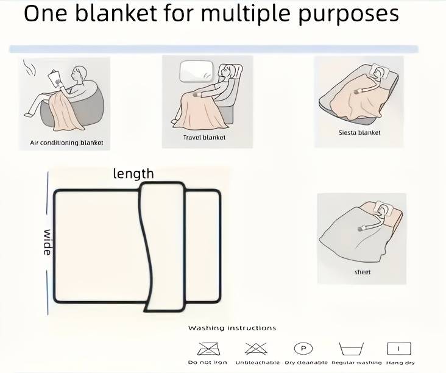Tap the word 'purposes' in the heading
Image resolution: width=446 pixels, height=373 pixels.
pyautogui.click(x=349, y=14)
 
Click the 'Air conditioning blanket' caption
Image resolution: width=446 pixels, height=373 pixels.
pyautogui.click(x=66, y=143)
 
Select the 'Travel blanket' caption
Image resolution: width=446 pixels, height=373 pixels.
pyautogui.click(x=204, y=137)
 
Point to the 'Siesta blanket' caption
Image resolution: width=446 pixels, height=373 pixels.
pyautogui.click(x=359, y=133)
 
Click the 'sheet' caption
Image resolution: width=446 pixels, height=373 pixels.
pyautogui.click(x=363, y=272)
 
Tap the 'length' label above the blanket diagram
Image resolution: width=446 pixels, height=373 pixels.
pyautogui.click(x=133, y=174)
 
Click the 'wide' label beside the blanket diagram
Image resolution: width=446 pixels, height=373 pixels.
pyautogui.click(x=48, y=242)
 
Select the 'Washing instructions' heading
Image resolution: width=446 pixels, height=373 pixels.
pyautogui.click(x=232, y=328)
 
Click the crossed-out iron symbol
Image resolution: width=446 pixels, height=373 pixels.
pyautogui.click(x=209, y=349)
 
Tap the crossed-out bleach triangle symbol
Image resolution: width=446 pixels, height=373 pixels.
pyautogui.click(x=256, y=349)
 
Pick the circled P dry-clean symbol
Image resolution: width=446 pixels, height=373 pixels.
pyautogui.click(x=303, y=348)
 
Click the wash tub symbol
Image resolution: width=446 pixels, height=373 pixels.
pyautogui.click(x=352, y=349)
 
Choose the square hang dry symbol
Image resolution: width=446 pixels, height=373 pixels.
pyautogui.click(x=399, y=349)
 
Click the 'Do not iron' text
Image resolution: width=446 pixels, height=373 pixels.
pyautogui.click(x=208, y=363)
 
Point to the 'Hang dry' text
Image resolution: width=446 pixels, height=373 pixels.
pyautogui.click(x=400, y=363)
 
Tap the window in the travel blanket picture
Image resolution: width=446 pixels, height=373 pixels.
pyautogui.click(x=197, y=72)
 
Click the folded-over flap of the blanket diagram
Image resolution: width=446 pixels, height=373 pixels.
pyautogui.click(x=164, y=247)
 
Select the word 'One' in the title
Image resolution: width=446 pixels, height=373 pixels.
pyautogui.click(x=45, y=13)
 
